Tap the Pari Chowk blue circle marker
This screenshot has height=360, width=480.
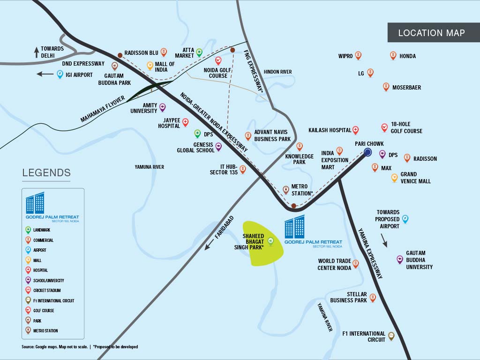367,152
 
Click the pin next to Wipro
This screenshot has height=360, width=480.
358,55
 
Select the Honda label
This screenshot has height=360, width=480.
407,56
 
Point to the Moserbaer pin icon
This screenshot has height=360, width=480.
386,87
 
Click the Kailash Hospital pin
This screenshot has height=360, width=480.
355,130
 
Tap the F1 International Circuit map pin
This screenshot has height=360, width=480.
391,336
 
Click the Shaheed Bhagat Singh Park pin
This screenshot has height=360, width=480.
270,241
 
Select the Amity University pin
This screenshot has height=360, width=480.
163,107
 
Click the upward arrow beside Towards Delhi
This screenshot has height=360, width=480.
37,52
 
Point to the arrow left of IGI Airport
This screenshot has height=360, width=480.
45,74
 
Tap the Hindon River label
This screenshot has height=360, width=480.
277,72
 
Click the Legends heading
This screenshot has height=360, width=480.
46,172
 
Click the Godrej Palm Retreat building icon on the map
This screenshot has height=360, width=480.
294,227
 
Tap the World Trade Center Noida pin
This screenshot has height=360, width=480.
355,263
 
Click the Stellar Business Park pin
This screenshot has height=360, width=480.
373,298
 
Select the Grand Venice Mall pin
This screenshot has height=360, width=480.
394,178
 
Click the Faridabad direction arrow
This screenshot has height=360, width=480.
209,245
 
